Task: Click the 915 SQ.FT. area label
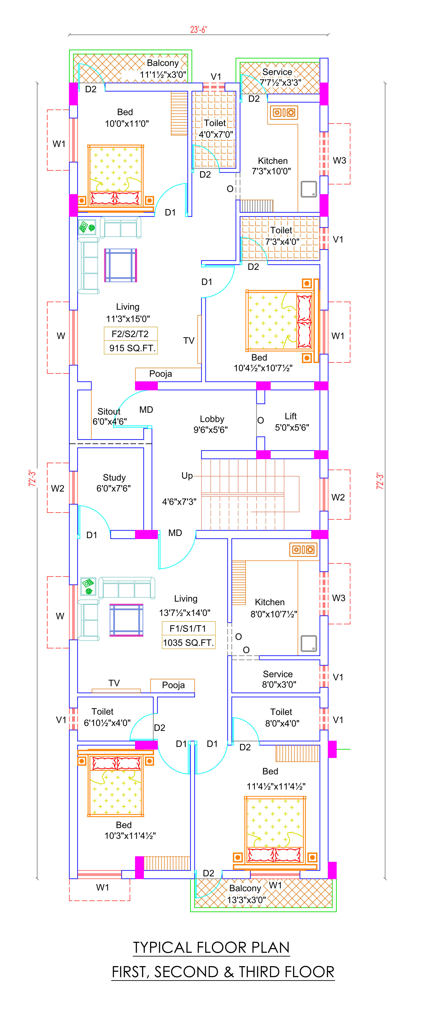pyautogui.click(x=133, y=348)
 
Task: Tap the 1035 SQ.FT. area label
pyautogui.click(x=188, y=643)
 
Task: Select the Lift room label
pyautogui.click(x=291, y=416)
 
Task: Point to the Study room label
pyautogui.click(x=114, y=478)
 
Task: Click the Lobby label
pyautogui.click(x=212, y=419)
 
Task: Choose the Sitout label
pyautogui.click(x=109, y=411)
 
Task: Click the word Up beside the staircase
pyautogui.click(x=187, y=476)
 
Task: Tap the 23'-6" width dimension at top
pyautogui.click(x=199, y=29)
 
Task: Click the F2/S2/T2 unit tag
pyautogui.click(x=130, y=334)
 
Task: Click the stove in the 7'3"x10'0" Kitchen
pyautogui.click(x=284, y=112)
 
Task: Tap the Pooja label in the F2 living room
pyautogui.click(x=160, y=374)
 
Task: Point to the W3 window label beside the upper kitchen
pyautogui.click(x=339, y=160)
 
